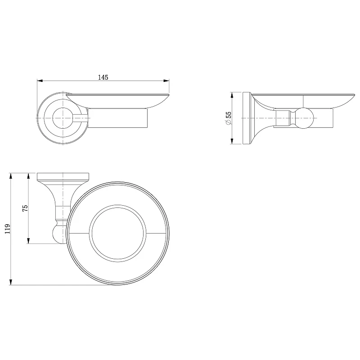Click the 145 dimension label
[103, 77]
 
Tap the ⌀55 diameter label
[229, 118]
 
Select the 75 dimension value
[25, 208]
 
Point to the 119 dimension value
[8, 229]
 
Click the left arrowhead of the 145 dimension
[40, 81]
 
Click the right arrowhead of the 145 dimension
[166, 81]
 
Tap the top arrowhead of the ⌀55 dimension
[232, 95]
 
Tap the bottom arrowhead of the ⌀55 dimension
[232, 141]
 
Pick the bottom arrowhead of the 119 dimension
[10, 282]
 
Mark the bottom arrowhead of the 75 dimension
[28, 241]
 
